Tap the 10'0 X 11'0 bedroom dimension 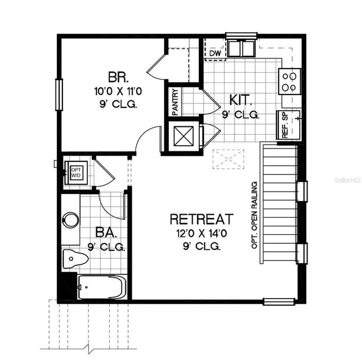(116, 90)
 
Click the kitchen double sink (241, 49)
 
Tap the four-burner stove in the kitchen (291, 80)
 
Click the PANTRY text (175, 102)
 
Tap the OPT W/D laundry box (75, 171)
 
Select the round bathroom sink (70, 220)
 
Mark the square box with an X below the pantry (183, 135)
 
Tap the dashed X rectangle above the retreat (229, 159)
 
